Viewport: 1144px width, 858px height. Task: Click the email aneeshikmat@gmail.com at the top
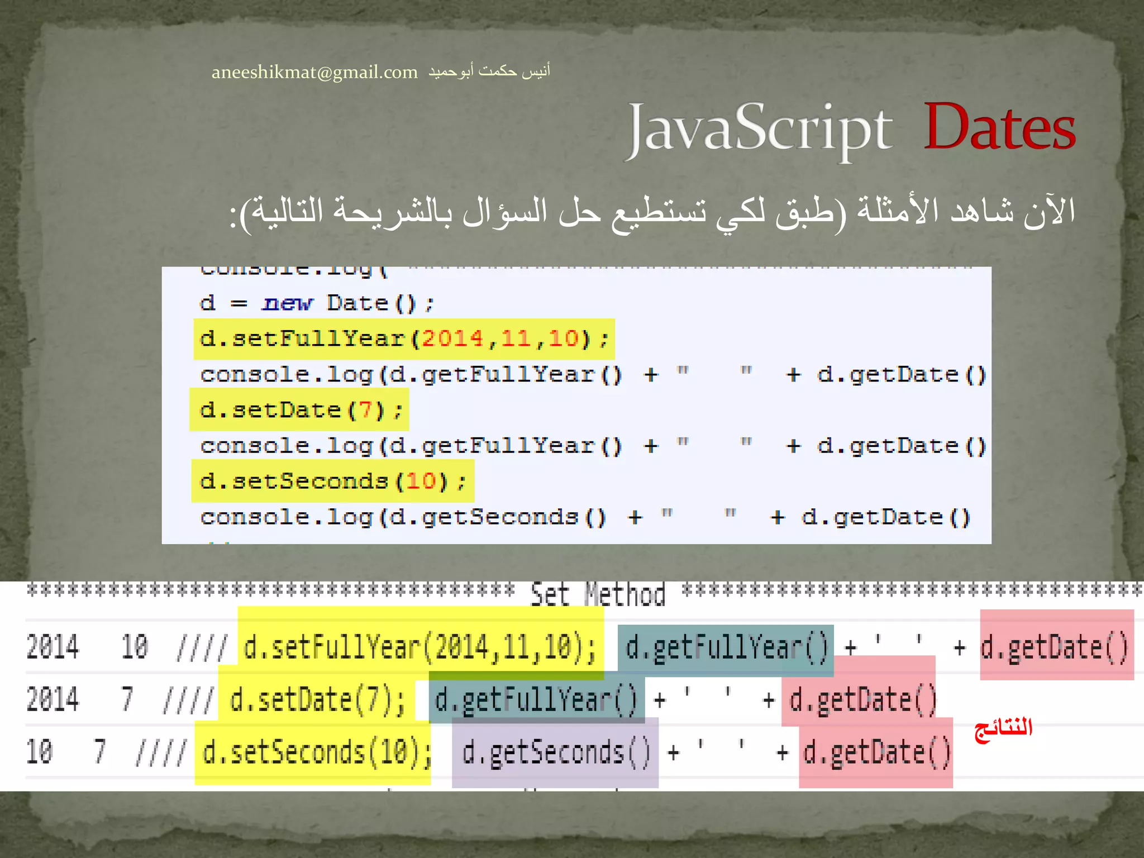pos(314,72)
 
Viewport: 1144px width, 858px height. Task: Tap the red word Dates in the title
pos(999,128)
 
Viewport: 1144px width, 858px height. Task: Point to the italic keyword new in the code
pos(288,303)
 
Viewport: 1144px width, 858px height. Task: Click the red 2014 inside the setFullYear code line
pos(452,339)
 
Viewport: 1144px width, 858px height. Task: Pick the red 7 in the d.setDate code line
pos(365,410)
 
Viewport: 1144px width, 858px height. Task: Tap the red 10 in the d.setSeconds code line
pos(421,481)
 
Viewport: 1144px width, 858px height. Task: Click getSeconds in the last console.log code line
pos(500,517)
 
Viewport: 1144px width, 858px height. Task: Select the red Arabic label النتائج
pos(1003,728)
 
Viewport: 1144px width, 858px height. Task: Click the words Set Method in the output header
pos(598,594)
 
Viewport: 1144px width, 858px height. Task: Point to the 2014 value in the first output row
pos(53,647)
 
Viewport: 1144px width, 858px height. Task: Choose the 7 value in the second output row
pos(127,699)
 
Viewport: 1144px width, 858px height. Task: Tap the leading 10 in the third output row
pos(40,751)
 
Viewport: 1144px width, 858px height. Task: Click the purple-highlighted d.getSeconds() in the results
pos(556,752)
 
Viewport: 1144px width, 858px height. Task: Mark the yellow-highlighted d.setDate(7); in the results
pos(317,699)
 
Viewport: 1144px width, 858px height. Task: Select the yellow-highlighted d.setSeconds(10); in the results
pos(316,752)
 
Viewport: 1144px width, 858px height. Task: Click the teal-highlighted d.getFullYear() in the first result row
pos(726,648)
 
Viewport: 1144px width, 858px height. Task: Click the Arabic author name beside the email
pos(489,71)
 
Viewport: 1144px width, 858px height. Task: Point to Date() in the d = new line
pos(372,303)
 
